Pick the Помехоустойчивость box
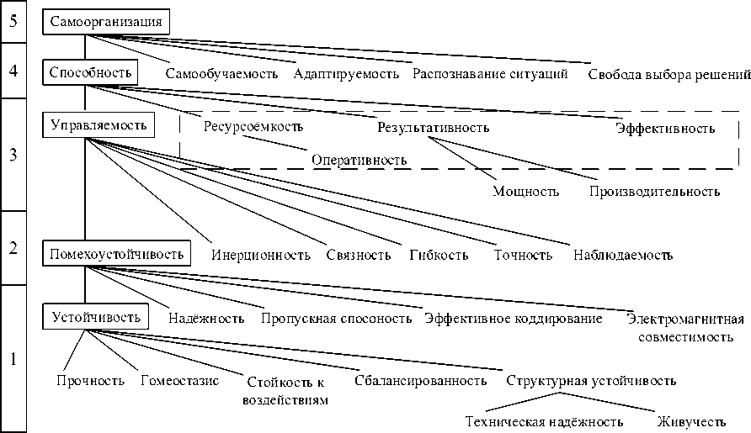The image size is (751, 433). tap(117, 252)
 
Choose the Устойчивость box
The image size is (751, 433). tap(95, 317)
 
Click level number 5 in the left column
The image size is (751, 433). tap(13, 22)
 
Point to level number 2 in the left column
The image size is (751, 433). tap(13, 248)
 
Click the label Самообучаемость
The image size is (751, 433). tap(221, 73)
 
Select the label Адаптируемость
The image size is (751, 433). tap(346, 73)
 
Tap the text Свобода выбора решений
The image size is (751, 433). tap(668, 74)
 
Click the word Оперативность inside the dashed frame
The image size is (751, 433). tap(360, 160)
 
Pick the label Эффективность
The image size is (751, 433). tap(664, 129)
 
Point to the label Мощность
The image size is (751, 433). tap(525, 191)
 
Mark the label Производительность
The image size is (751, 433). tap(654, 191)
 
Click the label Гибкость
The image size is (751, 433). tap(439, 255)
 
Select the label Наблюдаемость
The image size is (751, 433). tap(622, 255)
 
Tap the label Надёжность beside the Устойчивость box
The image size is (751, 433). tap(206, 319)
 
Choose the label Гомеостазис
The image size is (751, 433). tap(179, 381)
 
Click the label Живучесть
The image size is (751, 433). tap(692, 420)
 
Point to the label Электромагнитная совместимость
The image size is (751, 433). tap(685, 328)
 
